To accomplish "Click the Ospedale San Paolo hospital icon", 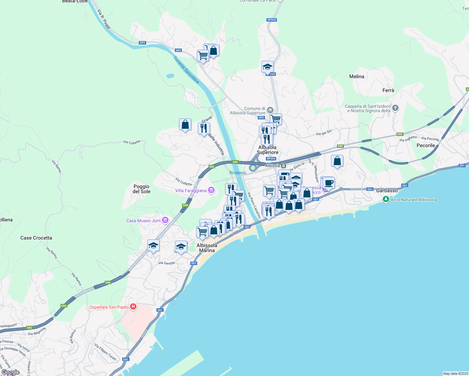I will click(x=133, y=307).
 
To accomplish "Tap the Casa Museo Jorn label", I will click(x=143, y=221).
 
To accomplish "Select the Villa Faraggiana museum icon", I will click(x=211, y=190).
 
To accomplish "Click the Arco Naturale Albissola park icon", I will click(x=386, y=199).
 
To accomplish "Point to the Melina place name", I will click(x=357, y=76).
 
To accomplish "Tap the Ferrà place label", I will click(x=388, y=90).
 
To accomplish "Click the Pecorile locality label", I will click(x=426, y=145).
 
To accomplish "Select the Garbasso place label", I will click(x=387, y=191).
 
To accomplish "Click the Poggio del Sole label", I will click(x=141, y=189).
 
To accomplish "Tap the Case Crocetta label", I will click(x=36, y=238).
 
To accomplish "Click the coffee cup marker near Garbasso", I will click(x=329, y=183).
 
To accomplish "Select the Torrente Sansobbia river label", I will click(x=186, y=70).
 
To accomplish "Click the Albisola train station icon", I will click(x=283, y=166).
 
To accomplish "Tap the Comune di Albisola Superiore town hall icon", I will click(x=270, y=110).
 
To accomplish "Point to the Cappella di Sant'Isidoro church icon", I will click(x=395, y=108).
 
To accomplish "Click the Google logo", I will click(x=10, y=372).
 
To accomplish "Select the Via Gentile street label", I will click(x=166, y=263).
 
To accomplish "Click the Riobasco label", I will click(x=238, y=173).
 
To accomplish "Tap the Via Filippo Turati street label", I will click(x=105, y=352).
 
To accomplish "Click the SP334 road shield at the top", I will click(x=271, y=20).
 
